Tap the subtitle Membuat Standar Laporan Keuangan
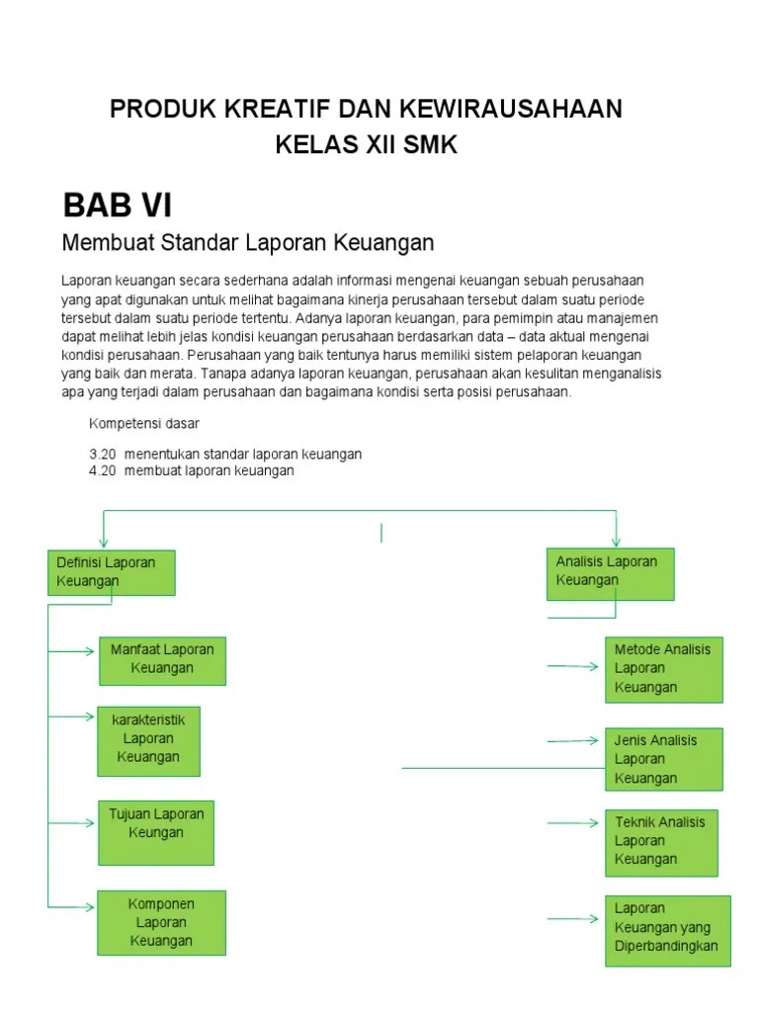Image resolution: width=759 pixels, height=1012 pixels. [x=248, y=242]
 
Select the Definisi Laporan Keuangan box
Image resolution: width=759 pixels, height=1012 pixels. [x=112, y=572]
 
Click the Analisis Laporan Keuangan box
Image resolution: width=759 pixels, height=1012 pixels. [x=610, y=573]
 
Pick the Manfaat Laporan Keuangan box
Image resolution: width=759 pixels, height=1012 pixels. [x=162, y=660]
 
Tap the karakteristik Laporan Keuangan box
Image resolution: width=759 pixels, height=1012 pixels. [x=148, y=739]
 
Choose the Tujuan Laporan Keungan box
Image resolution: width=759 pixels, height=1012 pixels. [x=156, y=831]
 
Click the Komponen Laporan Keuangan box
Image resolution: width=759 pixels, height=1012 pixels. [x=161, y=922]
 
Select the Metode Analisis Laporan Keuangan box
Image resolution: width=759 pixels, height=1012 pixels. [x=663, y=668]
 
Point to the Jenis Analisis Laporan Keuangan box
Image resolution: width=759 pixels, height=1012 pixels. [x=663, y=759]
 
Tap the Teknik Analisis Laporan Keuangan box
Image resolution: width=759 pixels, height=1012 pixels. [x=660, y=841]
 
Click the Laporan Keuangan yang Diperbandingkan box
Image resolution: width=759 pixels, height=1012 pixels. [x=667, y=929]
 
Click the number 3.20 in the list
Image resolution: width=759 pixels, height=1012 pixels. [x=103, y=455]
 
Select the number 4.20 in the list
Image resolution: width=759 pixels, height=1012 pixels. [x=103, y=471]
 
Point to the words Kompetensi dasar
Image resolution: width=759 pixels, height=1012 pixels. [x=144, y=424]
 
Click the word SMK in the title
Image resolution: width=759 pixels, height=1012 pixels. [x=427, y=145]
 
